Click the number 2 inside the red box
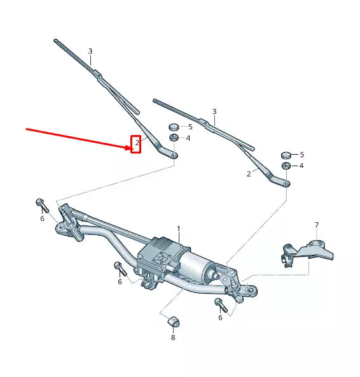pyautogui.click(x=135, y=145)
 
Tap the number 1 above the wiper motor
pyautogui.click(x=179, y=228)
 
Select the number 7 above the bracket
pyautogui.click(x=316, y=225)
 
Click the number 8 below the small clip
pyautogui.click(x=172, y=338)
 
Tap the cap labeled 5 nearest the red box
pyautogui.click(x=173, y=127)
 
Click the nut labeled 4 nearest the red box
pyautogui.click(x=173, y=138)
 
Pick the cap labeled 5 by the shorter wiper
pyautogui.click(x=286, y=155)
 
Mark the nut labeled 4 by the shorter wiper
pyautogui.click(x=286, y=166)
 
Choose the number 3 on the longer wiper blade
pyautogui.click(x=90, y=51)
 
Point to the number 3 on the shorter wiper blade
pyautogui.click(x=214, y=111)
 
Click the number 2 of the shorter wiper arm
pyautogui.click(x=249, y=173)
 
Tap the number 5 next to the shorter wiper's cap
pyautogui.click(x=301, y=155)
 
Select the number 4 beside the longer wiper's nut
pyautogui.click(x=188, y=138)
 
